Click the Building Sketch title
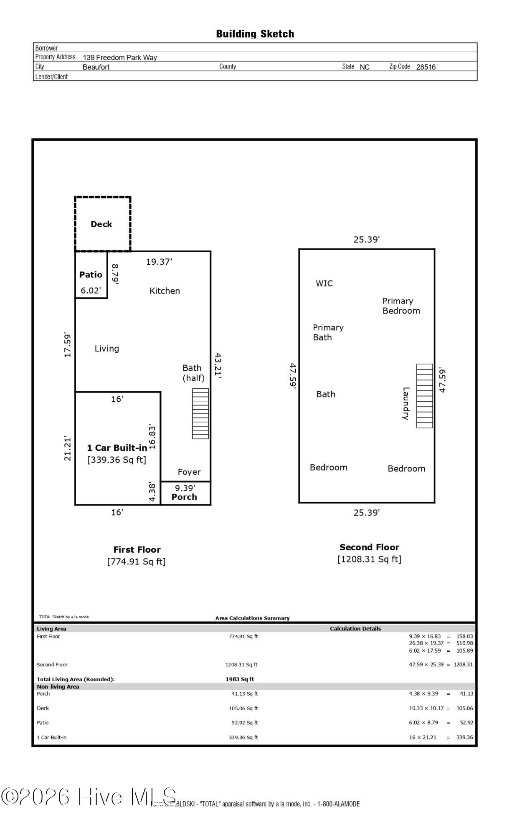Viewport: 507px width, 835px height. click(255, 34)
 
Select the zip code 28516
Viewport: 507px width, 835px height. click(426, 67)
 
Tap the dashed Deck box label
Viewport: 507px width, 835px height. click(101, 224)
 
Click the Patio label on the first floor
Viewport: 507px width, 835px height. click(91, 275)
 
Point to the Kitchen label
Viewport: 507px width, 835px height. click(165, 291)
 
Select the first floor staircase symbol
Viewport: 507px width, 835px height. click(200, 413)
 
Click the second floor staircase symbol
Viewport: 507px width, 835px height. click(424, 396)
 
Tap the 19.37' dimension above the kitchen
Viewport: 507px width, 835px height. click(159, 262)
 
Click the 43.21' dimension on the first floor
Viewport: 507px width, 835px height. click(218, 366)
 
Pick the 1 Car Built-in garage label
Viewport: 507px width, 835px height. click(117, 448)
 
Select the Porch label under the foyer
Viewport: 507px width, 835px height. click(184, 497)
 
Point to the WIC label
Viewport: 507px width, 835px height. click(324, 283)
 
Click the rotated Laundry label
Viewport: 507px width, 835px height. click(406, 403)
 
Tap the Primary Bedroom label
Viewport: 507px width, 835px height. click(401, 306)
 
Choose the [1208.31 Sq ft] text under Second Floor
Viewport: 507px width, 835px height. click(369, 559)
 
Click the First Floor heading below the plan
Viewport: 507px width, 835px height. click(137, 550)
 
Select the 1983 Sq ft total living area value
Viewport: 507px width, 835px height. click(240, 679)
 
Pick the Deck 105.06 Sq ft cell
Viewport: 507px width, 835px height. click(245, 708)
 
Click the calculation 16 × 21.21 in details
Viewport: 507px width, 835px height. click(423, 737)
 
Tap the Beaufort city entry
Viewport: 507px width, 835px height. click(96, 67)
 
